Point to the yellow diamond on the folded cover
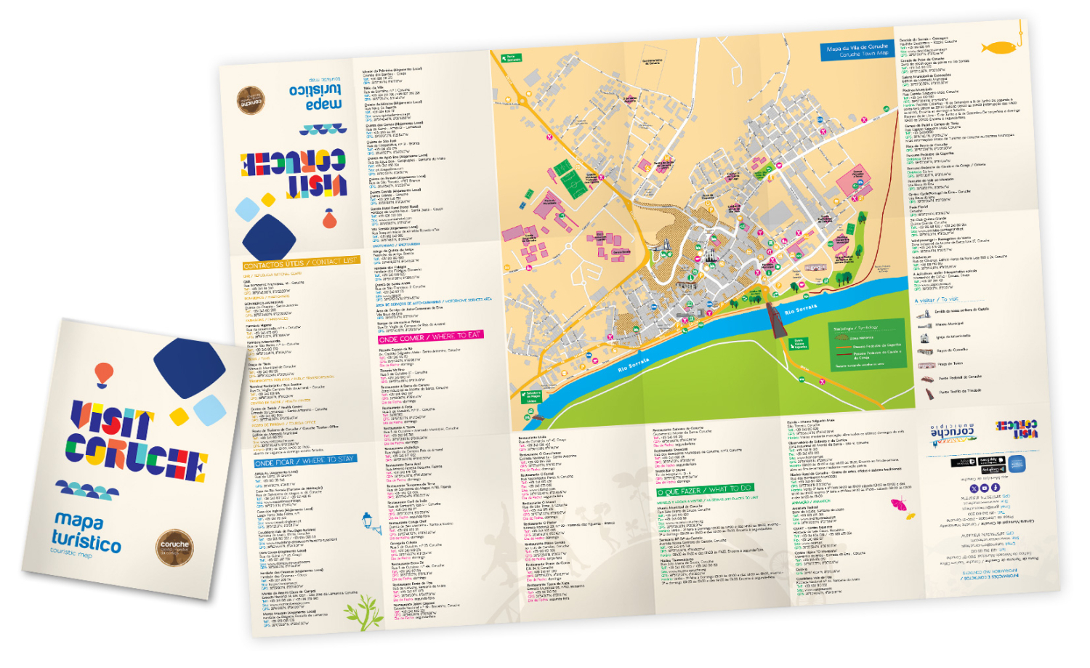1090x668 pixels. click(179, 417)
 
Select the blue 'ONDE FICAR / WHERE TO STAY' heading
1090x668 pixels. click(304, 461)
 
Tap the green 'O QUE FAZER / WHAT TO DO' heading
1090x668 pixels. click(704, 490)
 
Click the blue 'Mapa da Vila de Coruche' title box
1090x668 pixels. click(857, 50)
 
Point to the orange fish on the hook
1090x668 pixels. click(998, 47)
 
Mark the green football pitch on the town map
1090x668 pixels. click(570, 179)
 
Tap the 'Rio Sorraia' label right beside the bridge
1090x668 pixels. click(801, 310)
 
